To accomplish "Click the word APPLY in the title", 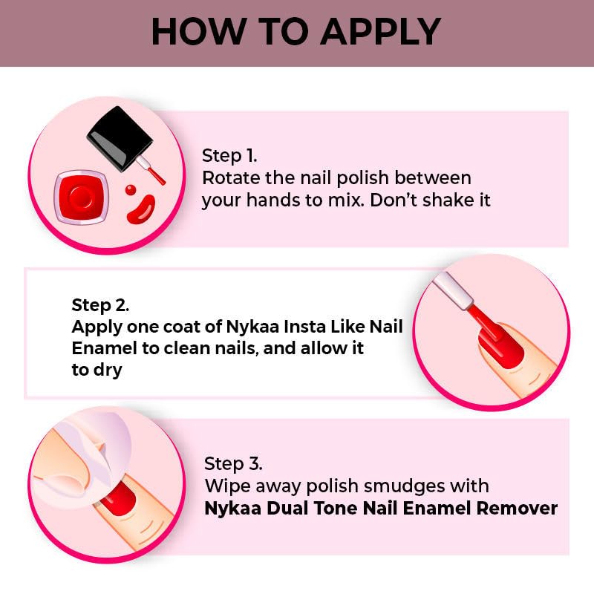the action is tap(382, 32).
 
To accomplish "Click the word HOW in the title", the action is tap(198, 32).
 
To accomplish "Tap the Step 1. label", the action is tap(229, 156).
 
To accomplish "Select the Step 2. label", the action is tap(100, 305).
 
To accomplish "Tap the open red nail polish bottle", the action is tap(81, 198).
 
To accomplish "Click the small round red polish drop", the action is tap(131, 189).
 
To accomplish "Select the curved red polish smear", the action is tap(141, 209).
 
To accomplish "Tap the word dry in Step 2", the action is tap(108, 370).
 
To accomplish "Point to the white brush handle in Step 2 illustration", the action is tap(454, 290).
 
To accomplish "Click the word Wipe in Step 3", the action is tap(228, 486).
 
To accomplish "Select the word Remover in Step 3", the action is tap(517, 509).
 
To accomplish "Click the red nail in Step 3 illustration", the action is tap(119, 498).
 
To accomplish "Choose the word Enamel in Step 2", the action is tap(104, 348).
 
